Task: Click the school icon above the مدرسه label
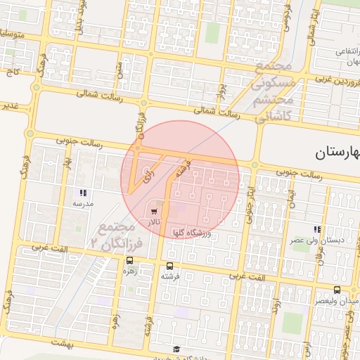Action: pos(83,192)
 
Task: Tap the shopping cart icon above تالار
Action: pos(154,210)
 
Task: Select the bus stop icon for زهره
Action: pos(129,259)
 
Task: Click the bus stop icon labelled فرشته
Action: pos(169,266)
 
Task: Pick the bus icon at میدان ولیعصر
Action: pos(337,290)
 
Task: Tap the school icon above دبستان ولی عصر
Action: pos(318,229)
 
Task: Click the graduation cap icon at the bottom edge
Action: pos(176,349)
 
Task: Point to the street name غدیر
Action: pos(12,106)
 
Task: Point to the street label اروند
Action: pos(277,307)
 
